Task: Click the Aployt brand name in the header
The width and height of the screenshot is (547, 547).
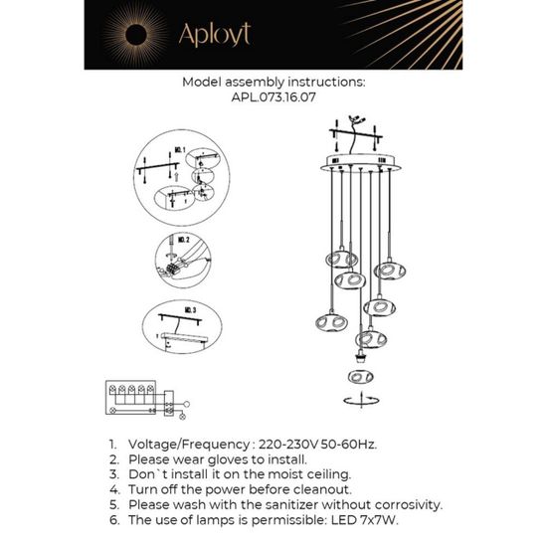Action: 214,36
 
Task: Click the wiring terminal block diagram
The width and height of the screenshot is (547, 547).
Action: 139,398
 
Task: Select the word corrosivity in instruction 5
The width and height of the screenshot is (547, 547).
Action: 379,505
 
